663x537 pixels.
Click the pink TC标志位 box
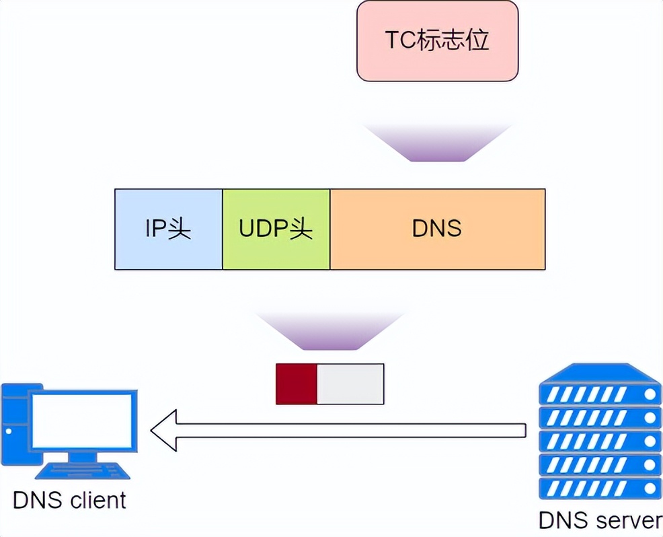tap(437, 41)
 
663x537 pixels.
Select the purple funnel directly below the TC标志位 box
tap(437, 143)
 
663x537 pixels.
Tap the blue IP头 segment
tap(168, 229)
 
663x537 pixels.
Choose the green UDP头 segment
tap(276, 229)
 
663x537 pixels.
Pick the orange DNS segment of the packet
tap(437, 229)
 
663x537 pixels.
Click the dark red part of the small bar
tap(296, 384)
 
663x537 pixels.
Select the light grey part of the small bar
tap(350, 384)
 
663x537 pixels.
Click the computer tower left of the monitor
tap(13, 424)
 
